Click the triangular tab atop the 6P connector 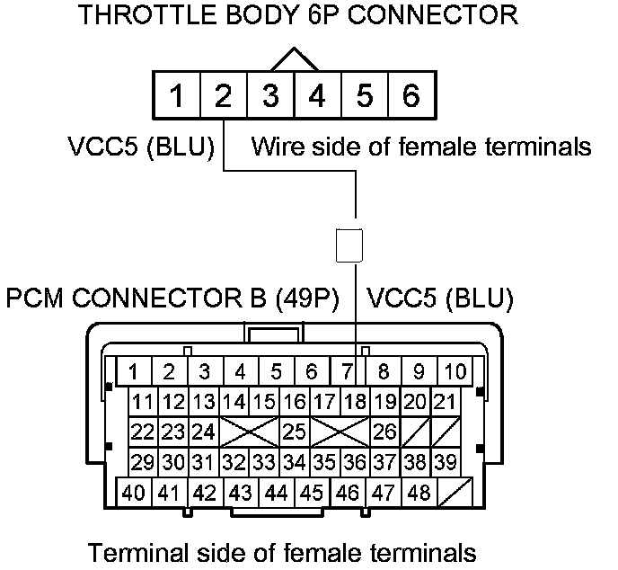click(x=294, y=59)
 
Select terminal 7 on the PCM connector click(x=347, y=371)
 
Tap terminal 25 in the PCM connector click(x=294, y=432)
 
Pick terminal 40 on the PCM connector click(x=134, y=493)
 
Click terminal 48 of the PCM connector click(x=418, y=493)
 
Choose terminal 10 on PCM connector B click(x=455, y=371)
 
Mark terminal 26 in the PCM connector click(x=384, y=432)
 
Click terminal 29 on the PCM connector click(x=142, y=462)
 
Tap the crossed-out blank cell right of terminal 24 click(x=249, y=432)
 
